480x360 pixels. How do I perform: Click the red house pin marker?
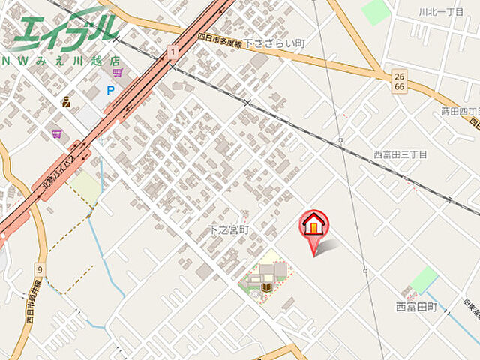coord(314,224)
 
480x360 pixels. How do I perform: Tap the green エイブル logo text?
coord(64,29)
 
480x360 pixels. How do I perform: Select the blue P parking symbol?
coord(110,91)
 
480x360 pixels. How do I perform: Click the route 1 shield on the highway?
coord(173,51)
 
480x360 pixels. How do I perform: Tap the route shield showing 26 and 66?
coord(397,81)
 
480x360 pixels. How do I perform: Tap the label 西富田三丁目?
coord(400,154)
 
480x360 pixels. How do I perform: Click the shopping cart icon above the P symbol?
coord(118,72)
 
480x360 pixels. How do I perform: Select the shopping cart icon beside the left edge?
coord(57,133)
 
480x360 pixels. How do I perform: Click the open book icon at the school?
coord(268,286)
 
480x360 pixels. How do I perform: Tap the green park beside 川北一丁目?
coord(376,11)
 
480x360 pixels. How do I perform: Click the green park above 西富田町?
coord(424,278)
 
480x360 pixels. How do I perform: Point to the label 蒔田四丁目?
coord(460,112)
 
